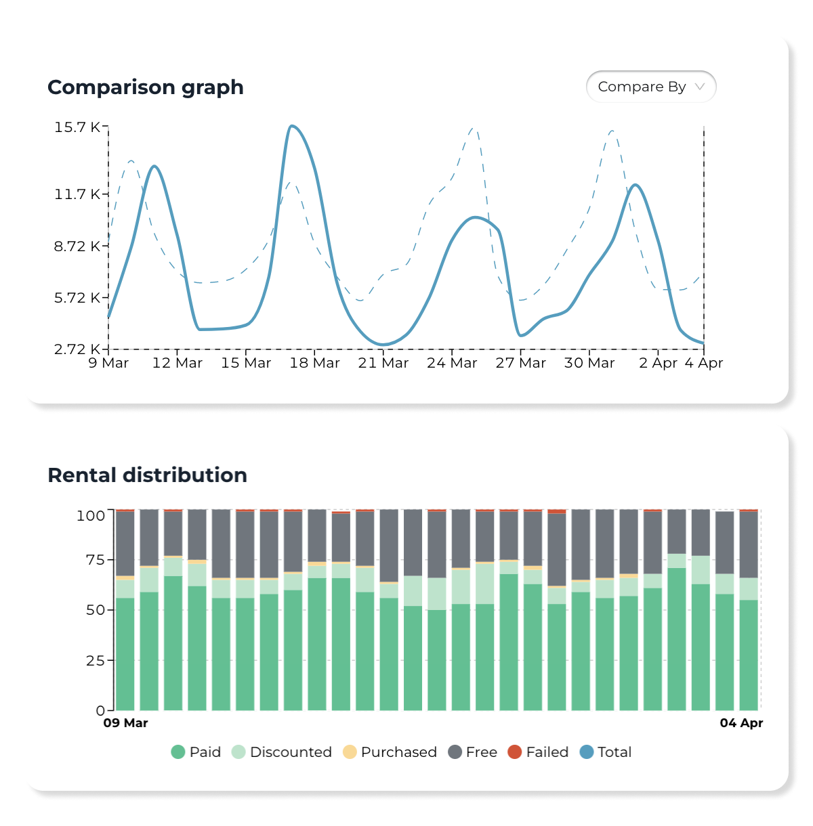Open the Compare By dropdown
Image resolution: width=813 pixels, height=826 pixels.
(650, 87)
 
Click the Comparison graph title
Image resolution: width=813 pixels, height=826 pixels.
(146, 87)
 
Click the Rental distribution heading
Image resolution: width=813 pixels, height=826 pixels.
(147, 475)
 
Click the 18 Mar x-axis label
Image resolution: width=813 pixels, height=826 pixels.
(314, 363)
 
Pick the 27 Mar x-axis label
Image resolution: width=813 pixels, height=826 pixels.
(520, 363)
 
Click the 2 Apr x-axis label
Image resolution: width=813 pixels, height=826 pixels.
(658, 363)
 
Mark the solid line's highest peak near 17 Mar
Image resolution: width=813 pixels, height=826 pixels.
(291, 126)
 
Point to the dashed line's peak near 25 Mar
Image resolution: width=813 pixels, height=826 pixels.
(474, 128)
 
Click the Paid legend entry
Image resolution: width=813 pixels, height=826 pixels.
(196, 752)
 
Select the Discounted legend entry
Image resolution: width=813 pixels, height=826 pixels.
(282, 752)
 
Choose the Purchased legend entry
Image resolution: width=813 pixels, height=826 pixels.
(390, 752)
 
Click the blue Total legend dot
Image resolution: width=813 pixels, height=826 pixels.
(587, 752)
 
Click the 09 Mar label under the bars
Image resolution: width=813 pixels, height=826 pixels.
(125, 723)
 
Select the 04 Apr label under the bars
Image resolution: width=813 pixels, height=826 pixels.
(741, 723)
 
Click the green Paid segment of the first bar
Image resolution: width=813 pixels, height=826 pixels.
(125, 653)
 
